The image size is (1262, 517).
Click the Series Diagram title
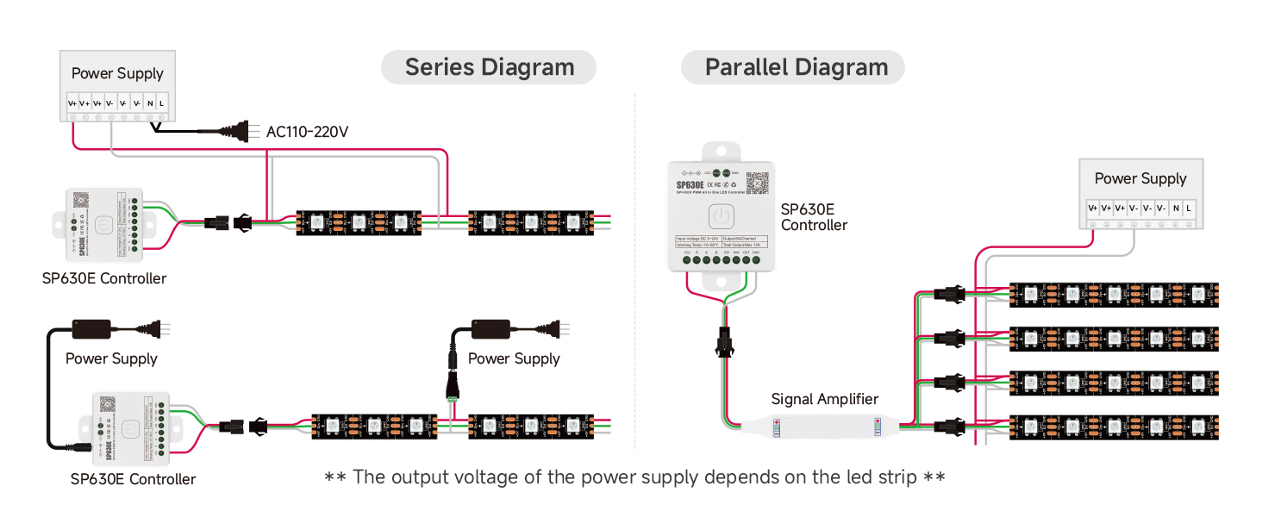coord(489,67)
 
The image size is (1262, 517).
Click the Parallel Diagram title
coord(796,67)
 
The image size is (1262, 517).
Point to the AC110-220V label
coord(307,132)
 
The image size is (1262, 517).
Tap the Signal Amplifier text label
coord(825,399)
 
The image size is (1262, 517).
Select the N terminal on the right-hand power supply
coord(1175,208)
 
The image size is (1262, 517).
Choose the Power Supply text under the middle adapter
coord(514,358)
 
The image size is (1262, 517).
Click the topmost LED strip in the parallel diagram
coord(1113,295)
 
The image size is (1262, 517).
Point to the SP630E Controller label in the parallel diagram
coord(814,217)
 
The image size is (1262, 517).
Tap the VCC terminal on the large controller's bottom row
coord(687,259)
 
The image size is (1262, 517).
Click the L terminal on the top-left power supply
coord(162,103)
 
